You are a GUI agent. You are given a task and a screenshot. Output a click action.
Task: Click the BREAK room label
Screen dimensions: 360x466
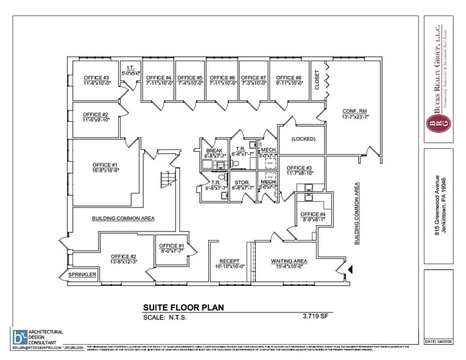[214, 151]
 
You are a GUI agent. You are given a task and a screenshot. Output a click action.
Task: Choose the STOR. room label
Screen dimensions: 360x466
[242, 182]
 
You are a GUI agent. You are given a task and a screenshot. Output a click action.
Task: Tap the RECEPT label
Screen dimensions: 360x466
[230, 261]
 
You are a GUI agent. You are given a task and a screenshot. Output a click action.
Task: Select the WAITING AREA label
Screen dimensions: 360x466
[288, 261]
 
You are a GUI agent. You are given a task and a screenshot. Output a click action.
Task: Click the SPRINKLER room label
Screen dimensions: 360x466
[82, 275]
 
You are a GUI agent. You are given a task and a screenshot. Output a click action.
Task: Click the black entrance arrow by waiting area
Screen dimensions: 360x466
[350, 269]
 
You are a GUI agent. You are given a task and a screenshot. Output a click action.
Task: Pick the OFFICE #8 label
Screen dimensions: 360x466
[289, 78]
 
